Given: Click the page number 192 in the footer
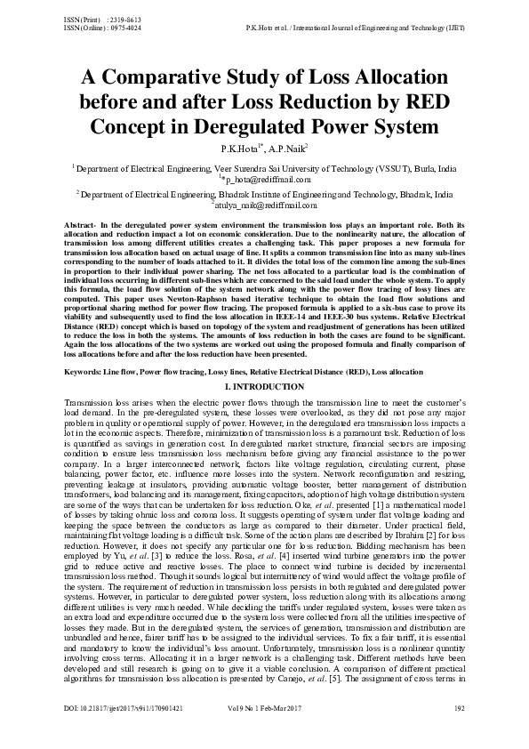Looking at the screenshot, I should tap(460, 734).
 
